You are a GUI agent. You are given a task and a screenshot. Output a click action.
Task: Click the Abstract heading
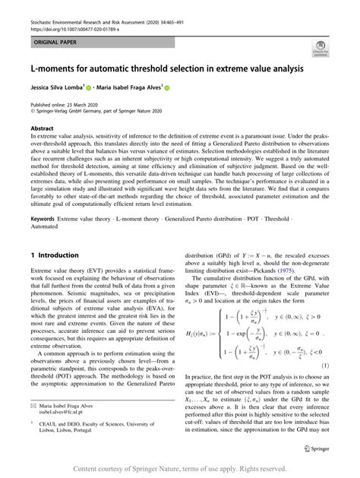[x=42, y=129]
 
